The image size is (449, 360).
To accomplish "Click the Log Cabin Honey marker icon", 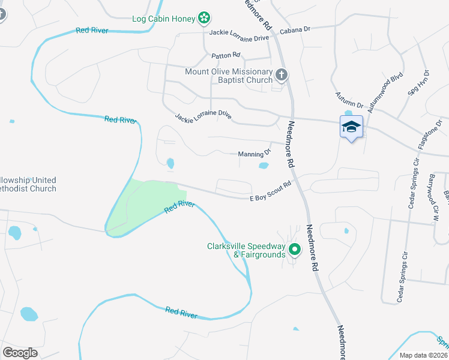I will [x=205, y=19].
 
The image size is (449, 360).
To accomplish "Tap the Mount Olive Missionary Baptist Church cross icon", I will [x=281, y=75].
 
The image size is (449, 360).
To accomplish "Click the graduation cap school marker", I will [x=351, y=127].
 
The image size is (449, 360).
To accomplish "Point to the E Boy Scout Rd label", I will [x=270, y=191].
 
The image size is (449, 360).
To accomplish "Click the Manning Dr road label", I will [x=255, y=154].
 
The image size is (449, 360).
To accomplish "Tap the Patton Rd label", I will [x=226, y=56].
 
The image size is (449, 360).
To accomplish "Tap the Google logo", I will [x=20, y=352].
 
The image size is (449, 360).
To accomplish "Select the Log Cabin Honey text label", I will [x=164, y=19].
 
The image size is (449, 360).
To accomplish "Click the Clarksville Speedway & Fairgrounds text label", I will [x=246, y=250].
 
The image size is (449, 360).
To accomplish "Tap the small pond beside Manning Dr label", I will [x=264, y=166].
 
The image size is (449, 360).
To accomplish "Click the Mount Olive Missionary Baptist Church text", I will [x=229, y=76].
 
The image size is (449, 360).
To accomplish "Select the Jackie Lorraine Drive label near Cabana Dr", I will [x=239, y=38].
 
